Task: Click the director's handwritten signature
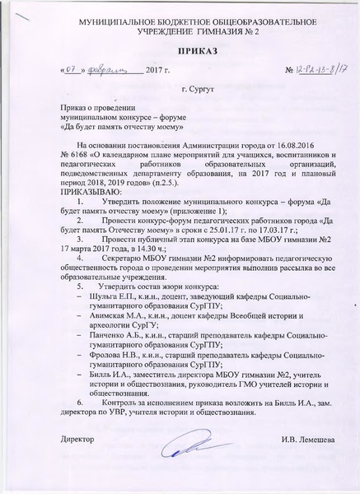point(188,446)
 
